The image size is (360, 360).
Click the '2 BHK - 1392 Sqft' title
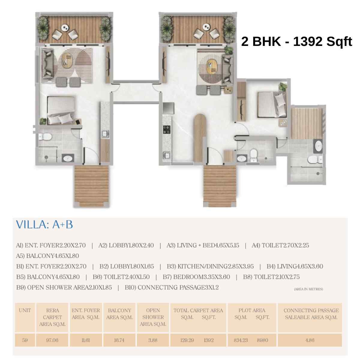[x=296, y=42]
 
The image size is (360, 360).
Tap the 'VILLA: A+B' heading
[x=44, y=225]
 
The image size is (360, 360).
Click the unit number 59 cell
[x=25, y=340]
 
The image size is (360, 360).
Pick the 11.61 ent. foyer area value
[x=85, y=340]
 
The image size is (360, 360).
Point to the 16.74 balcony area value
[x=119, y=340]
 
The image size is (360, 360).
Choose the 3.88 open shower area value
[x=153, y=340]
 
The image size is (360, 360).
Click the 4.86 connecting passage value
[x=310, y=340]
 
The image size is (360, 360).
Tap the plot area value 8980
[x=262, y=340]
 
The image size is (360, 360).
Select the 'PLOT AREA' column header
[x=252, y=310]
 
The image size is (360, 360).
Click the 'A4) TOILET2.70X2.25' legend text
[x=280, y=245]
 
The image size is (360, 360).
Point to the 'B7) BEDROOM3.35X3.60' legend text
[x=196, y=277]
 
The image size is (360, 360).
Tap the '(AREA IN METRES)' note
[x=308, y=289]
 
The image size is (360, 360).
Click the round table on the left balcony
[x=64, y=28]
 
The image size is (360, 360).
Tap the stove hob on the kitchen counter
[x=166, y=130]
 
